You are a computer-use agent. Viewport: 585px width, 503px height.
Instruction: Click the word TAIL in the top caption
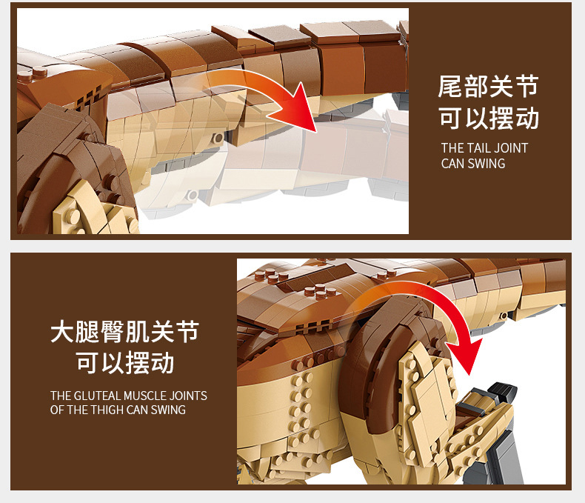point(476,148)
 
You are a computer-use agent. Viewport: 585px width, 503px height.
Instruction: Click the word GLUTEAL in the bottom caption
point(98,396)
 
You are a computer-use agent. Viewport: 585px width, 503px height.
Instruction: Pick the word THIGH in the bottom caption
point(108,410)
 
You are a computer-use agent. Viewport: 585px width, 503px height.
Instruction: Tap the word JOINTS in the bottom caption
point(188,396)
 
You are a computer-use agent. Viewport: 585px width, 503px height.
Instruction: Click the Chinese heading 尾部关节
point(489,87)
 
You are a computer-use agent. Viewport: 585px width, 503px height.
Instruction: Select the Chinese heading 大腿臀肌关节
point(125,331)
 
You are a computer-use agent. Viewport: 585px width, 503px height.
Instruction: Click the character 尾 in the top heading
point(450,87)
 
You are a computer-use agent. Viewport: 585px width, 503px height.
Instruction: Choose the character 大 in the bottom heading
point(62,331)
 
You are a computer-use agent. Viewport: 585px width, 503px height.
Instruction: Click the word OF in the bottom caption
point(57,410)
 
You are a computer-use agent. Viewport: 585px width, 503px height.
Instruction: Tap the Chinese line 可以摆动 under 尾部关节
point(489,118)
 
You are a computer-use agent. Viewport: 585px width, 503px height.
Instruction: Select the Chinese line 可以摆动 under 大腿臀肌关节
point(125,362)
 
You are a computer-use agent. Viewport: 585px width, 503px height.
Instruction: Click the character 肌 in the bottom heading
point(137,331)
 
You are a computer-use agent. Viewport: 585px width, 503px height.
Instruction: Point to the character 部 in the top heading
point(475,87)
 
